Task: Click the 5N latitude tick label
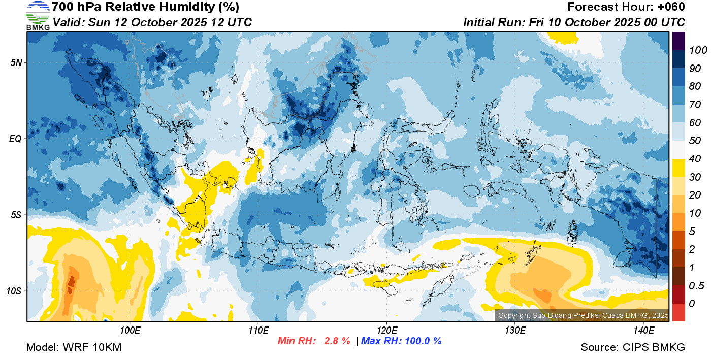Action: [16, 62]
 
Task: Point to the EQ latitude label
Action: [16, 139]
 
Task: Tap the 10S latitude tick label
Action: [14, 291]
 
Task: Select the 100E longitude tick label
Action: [131, 330]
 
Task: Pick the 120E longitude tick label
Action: [386, 330]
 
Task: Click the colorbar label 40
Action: [695, 159]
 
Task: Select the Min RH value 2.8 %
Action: [337, 341]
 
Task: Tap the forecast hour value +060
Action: [671, 7]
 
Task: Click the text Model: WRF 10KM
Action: [74, 347]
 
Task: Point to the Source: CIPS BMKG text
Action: [633, 347]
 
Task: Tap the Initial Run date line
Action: [574, 22]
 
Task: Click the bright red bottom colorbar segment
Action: [679, 312]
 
